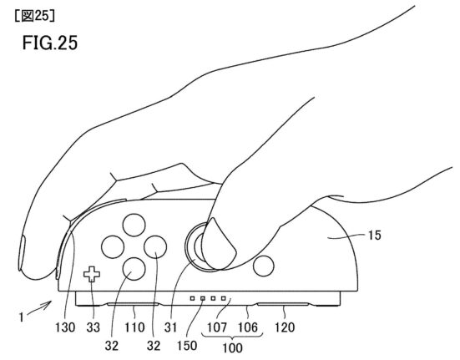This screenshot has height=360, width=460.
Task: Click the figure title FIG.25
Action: [x=50, y=43]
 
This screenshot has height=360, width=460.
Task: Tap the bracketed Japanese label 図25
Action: [x=34, y=16]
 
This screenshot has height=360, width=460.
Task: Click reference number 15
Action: [x=375, y=235]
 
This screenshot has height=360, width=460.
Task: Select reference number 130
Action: [x=65, y=327]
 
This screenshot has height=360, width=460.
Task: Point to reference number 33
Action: [x=94, y=327]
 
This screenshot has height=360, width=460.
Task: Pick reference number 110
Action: [x=134, y=327]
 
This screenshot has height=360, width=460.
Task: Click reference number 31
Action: [x=171, y=327]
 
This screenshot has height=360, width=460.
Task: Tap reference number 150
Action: [x=187, y=345]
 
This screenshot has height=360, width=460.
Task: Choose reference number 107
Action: [x=217, y=327]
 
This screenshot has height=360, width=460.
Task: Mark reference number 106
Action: [x=248, y=327]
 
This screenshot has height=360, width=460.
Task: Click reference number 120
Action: [x=285, y=327]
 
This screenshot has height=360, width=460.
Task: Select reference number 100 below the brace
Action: [x=232, y=348]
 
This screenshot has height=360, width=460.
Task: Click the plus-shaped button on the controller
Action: [x=92, y=274]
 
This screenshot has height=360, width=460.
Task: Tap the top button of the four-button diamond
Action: [x=134, y=226]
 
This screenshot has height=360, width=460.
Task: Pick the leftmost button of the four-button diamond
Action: [x=113, y=247]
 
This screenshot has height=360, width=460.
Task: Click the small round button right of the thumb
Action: [x=264, y=266]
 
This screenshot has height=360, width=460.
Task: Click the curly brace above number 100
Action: [x=232, y=336]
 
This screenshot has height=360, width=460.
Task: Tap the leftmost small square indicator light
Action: [x=193, y=298]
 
